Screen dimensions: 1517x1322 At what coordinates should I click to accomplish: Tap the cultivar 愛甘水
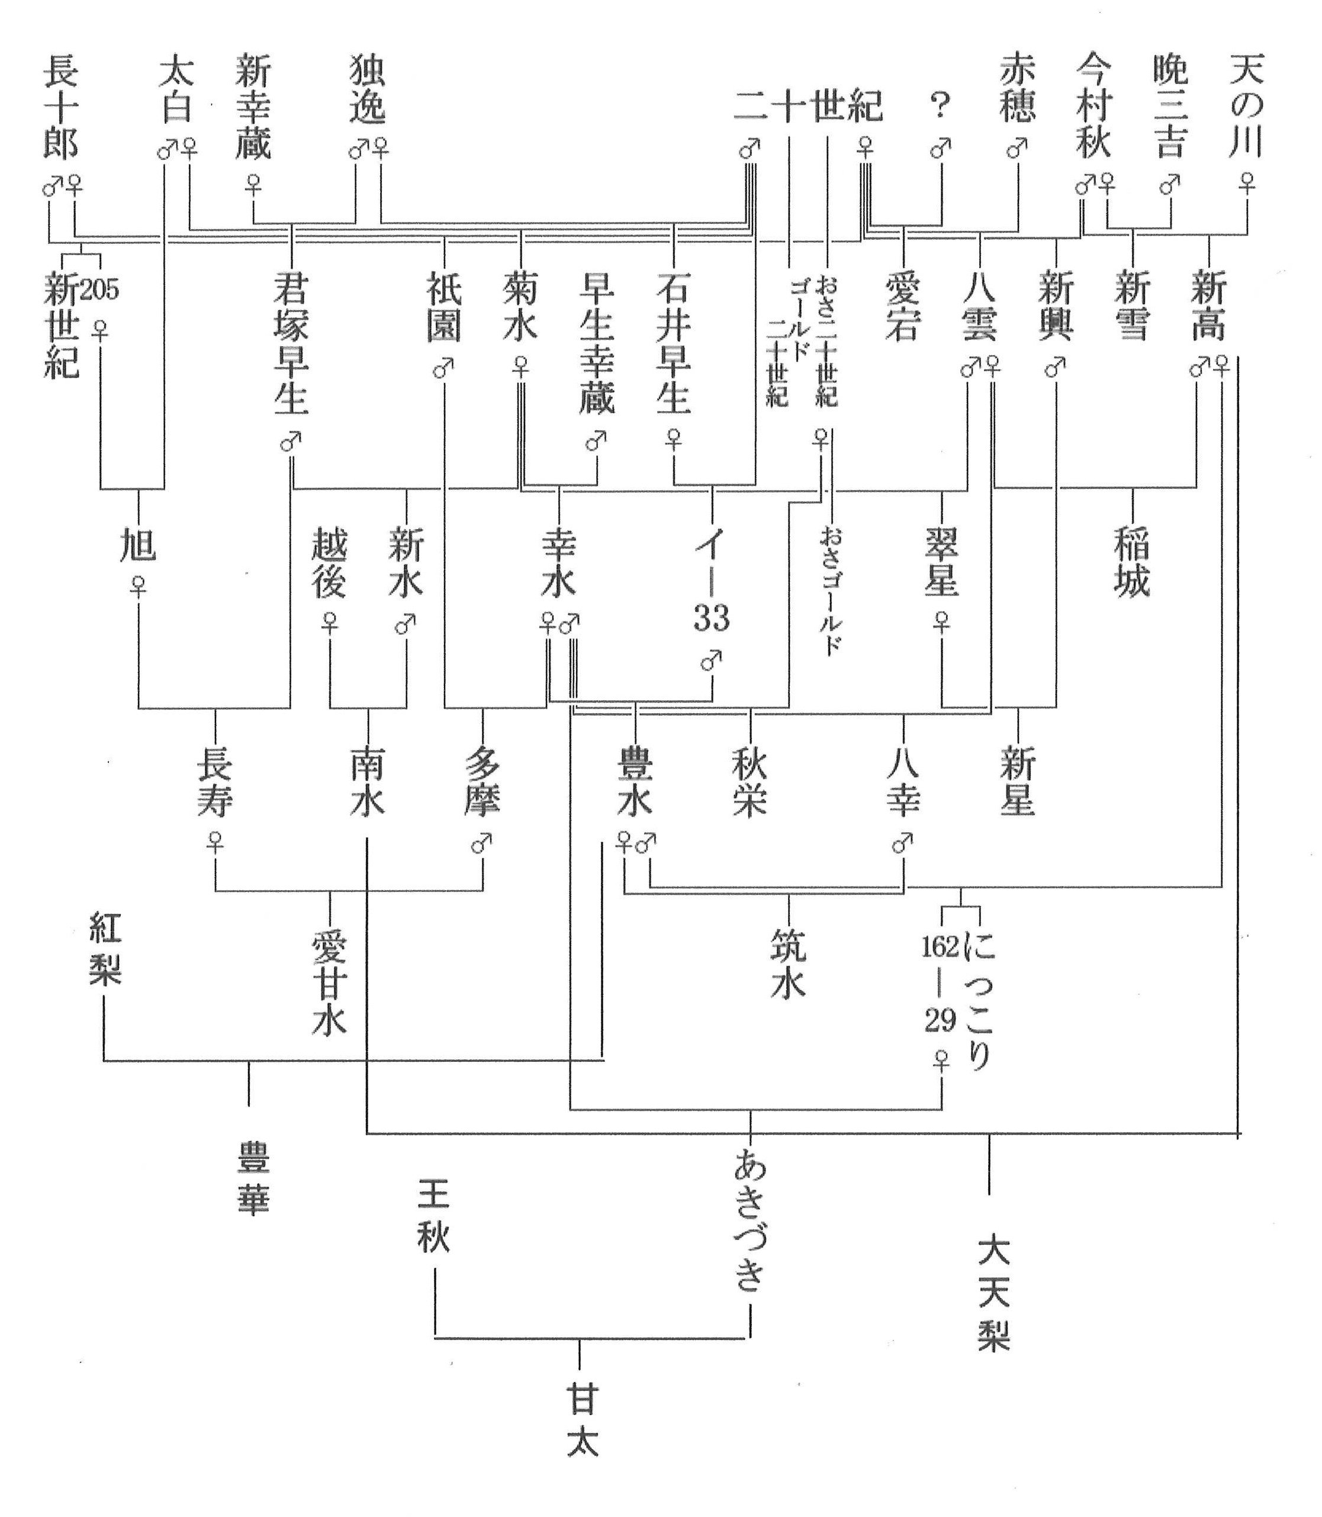(329, 984)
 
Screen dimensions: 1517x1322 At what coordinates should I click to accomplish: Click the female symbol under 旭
(138, 587)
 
